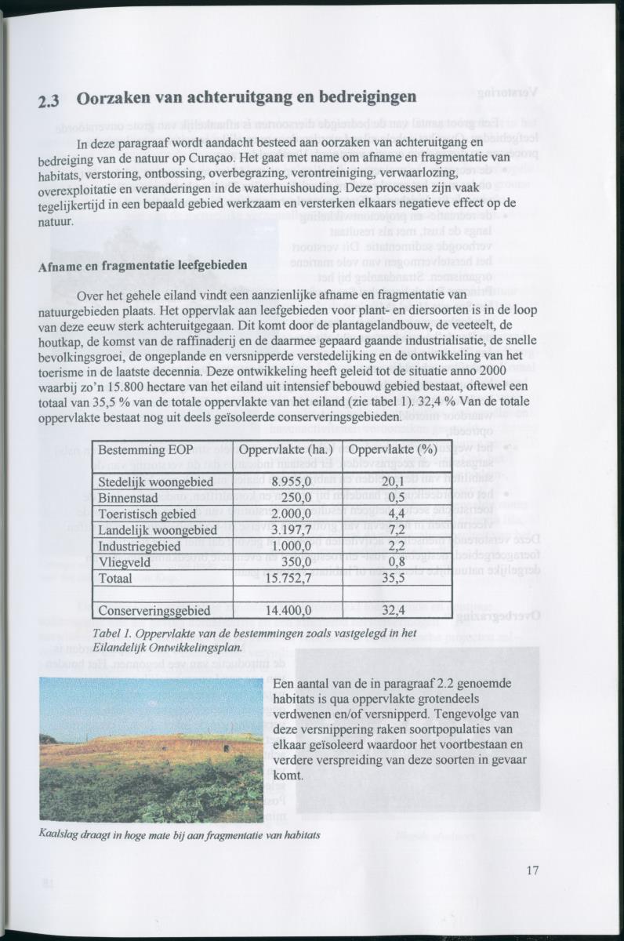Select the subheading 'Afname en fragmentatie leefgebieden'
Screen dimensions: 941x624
coord(143,266)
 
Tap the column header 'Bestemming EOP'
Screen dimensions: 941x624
coord(143,451)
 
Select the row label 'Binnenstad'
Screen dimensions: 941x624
coord(130,498)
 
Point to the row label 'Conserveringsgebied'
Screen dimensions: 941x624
coord(154,610)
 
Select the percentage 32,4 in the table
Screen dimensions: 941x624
coord(393,610)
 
